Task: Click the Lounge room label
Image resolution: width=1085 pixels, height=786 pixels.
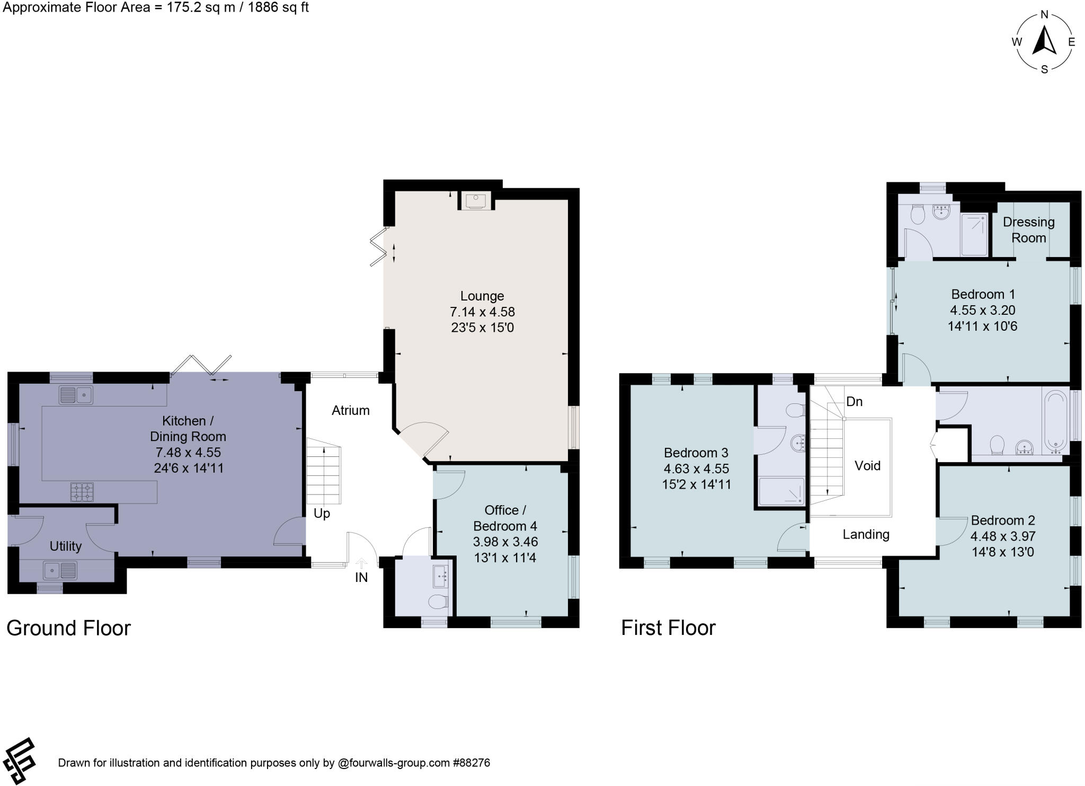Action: (x=482, y=296)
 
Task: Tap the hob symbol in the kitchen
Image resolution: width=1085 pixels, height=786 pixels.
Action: (x=82, y=492)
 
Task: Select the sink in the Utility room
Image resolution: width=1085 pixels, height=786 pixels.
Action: (x=60, y=571)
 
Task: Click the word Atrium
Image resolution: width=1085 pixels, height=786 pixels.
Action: (x=350, y=410)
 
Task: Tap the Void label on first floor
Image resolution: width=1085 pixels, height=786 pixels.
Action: (x=867, y=465)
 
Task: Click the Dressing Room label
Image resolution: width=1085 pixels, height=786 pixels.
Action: (x=1028, y=229)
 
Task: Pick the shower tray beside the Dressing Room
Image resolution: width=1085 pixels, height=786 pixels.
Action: (x=974, y=234)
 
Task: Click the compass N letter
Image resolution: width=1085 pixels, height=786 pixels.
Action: (x=1044, y=15)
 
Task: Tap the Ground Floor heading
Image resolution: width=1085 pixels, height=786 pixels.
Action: (x=68, y=628)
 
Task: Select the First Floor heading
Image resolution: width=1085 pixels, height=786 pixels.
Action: (x=668, y=628)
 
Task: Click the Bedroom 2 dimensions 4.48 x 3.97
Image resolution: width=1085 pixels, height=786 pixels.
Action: (x=1002, y=536)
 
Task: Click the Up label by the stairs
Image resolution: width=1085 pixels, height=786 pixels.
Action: (x=322, y=513)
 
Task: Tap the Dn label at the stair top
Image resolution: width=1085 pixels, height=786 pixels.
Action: (x=854, y=402)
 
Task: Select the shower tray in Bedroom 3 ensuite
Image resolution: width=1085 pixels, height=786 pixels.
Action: (x=781, y=491)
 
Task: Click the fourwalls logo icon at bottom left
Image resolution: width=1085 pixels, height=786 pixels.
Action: (x=19, y=761)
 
